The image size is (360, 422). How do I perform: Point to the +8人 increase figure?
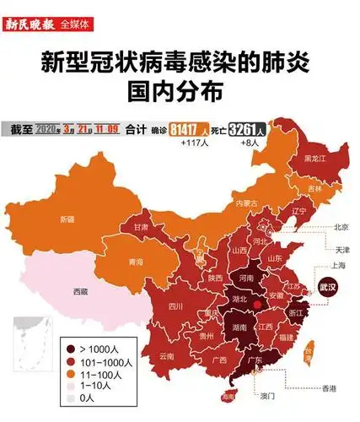pyautogui.click(x=250, y=144)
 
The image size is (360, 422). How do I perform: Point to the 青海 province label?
pyautogui.click(x=135, y=262)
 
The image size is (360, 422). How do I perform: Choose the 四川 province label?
pyautogui.click(x=175, y=306)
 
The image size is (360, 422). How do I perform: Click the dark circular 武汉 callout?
pyautogui.click(x=325, y=288)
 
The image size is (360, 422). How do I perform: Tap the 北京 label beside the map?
pyautogui.click(x=341, y=226)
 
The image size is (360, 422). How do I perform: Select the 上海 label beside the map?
pyautogui.click(x=339, y=264)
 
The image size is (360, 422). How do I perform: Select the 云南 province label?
pyautogui.click(x=165, y=356)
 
